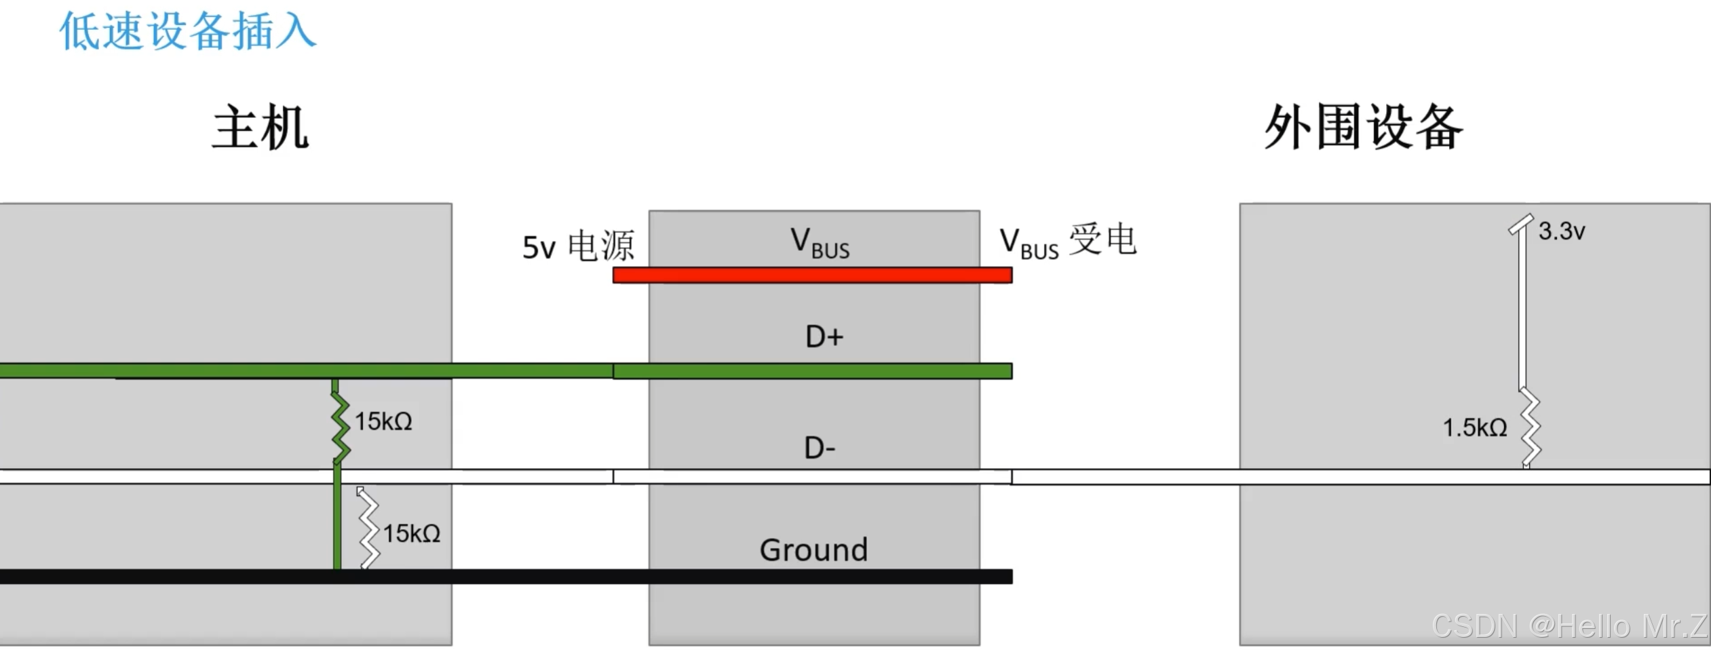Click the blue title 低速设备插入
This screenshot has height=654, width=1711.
[187, 31]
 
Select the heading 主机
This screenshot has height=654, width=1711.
[261, 128]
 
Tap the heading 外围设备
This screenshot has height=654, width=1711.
[1364, 128]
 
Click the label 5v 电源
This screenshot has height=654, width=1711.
[578, 246]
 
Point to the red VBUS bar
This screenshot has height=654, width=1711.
[812, 275]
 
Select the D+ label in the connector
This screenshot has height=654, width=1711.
[824, 337]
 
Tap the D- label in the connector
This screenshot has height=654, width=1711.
[820, 448]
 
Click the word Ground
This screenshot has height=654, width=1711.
[813, 550]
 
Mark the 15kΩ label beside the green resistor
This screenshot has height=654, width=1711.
[383, 421]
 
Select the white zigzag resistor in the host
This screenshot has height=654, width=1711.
[369, 527]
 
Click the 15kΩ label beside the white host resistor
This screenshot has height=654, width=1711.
[412, 534]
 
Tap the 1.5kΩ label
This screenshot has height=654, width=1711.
[1475, 428]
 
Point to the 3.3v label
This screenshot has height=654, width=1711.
[1562, 231]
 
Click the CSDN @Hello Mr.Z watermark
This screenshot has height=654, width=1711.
[1569, 626]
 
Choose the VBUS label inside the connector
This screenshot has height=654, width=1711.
[820, 243]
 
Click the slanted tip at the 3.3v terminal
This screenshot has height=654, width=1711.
[1521, 224]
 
